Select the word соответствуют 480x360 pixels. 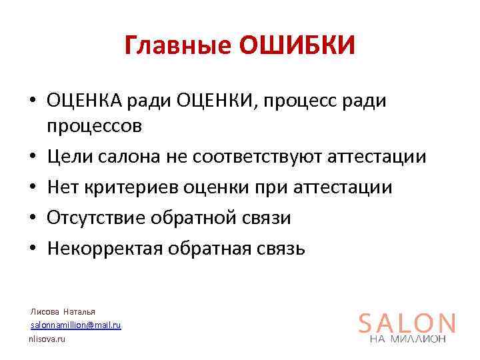click(x=257, y=157)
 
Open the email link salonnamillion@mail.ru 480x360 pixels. click(x=76, y=325)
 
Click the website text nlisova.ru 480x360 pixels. click(x=47, y=339)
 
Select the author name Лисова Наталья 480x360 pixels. click(x=63, y=311)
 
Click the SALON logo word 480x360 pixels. click(x=407, y=323)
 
